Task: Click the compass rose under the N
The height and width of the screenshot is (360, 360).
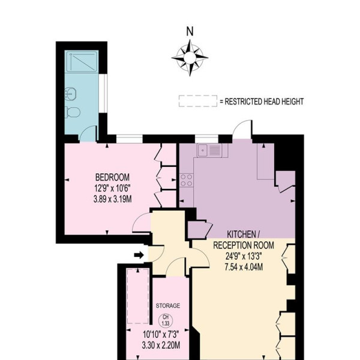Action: [190, 58]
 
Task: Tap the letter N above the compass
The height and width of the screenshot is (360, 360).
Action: [190, 32]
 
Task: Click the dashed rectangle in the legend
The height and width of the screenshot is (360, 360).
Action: [198, 101]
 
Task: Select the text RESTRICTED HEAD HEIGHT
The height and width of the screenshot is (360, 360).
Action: [264, 101]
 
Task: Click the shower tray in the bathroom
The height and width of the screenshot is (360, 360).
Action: [82, 61]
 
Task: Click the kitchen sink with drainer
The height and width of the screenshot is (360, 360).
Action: [209, 151]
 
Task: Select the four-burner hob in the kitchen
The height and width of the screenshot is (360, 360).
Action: [187, 180]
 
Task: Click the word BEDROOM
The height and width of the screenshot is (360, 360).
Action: [113, 177]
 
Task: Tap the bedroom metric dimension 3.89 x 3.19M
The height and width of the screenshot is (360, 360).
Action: [113, 199]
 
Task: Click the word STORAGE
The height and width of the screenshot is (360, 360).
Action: [168, 305]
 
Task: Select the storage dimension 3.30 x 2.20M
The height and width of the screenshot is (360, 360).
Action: [161, 345]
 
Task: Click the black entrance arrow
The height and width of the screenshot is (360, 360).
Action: [139, 255]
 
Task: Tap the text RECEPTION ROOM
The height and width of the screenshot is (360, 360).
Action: [244, 245]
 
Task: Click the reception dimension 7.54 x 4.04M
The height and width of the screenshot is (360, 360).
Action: [244, 267]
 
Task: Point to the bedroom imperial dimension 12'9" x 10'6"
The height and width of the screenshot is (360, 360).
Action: [113, 188]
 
